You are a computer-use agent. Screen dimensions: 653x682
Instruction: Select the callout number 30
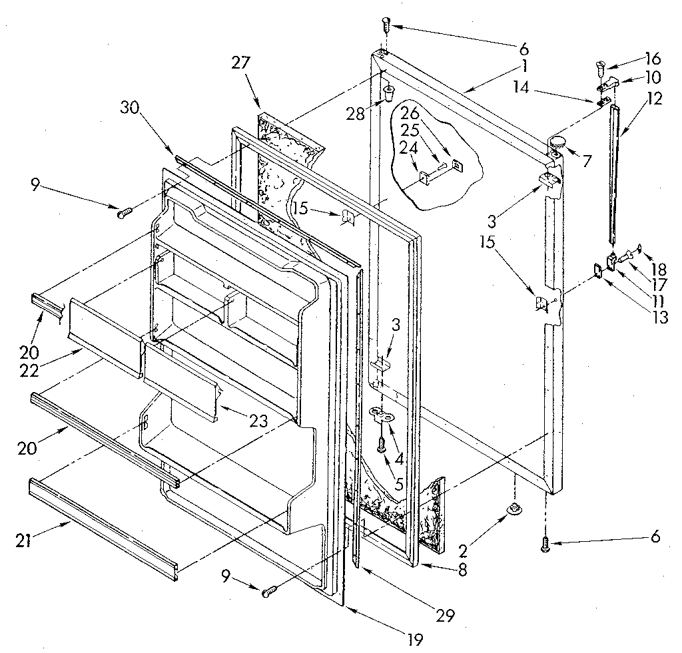tap(130, 107)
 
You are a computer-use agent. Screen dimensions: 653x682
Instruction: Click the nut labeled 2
tap(514, 510)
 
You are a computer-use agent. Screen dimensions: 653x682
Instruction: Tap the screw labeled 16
tap(599, 67)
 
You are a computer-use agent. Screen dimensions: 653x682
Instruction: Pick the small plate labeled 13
tap(599, 270)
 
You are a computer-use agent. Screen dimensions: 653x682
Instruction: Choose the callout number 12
tap(654, 99)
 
